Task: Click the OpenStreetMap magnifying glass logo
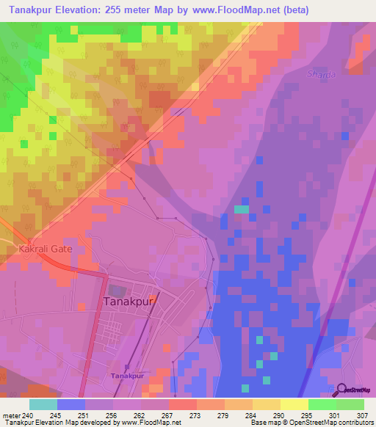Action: click(340, 390)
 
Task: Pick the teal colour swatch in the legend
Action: click(43, 404)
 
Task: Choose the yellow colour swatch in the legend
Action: click(294, 404)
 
